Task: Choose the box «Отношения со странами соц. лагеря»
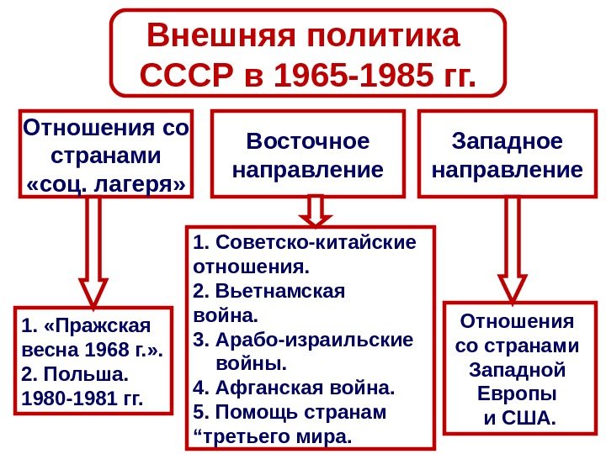[x=105, y=155]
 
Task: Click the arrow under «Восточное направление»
[x=316, y=210]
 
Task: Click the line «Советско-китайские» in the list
[x=315, y=244]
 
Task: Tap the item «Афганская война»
[x=304, y=389]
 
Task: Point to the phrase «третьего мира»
[x=274, y=438]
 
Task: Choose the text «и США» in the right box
[x=518, y=417]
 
